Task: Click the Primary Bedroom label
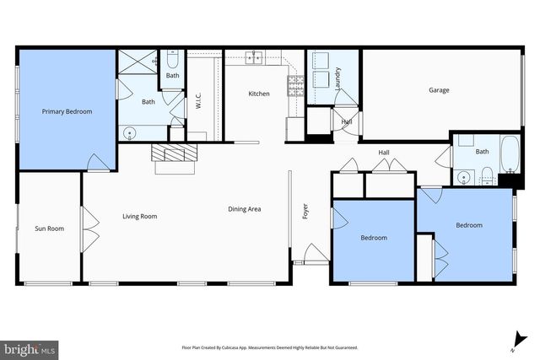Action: coord(67,111)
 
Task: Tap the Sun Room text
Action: coord(49,228)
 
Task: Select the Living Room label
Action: coord(139,217)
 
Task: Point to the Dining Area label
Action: coord(244,208)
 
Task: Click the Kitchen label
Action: coord(258,94)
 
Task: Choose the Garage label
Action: coord(438,90)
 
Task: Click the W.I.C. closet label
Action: coord(197,101)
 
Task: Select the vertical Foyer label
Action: coord(305,211)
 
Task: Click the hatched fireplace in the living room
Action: coord(173,153)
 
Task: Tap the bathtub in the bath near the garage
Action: coord(510,158)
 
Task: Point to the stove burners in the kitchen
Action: coord(296,83)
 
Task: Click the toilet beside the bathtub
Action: coord(487,175)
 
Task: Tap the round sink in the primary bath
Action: coord(129,132)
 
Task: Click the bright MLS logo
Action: coord(30,347)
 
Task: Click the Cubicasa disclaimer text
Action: coord(270,347)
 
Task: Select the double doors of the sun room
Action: coord(84,228)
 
